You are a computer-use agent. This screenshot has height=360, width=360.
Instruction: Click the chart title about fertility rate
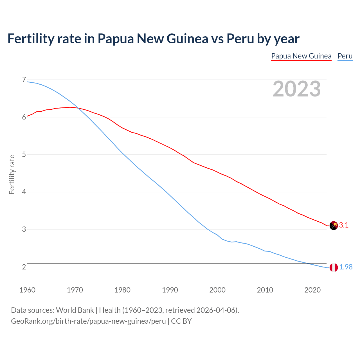[153, 39]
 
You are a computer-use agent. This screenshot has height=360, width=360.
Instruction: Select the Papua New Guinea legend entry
[301, 56]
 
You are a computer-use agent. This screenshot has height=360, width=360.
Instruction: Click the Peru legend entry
[345, 56]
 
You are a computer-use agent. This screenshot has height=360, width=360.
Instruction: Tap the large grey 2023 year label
[297, 89]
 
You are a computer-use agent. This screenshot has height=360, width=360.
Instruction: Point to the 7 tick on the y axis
[24, 80]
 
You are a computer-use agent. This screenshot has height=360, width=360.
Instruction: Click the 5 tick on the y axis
[24, 155]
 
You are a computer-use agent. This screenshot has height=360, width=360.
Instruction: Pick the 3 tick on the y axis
[24, 229]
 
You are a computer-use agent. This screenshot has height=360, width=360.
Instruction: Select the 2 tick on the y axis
[24, 267]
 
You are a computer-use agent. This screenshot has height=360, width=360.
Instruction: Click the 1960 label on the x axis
[27, 290]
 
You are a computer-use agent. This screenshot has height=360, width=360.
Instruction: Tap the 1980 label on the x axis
[122, 290]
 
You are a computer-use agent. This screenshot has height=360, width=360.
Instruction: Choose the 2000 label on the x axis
[217, 290]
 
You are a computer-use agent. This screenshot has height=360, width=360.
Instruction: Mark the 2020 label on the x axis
[312, 290]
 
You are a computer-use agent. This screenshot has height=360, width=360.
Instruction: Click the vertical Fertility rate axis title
[12, 174]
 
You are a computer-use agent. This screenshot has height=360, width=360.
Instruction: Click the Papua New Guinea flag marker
[334, 226]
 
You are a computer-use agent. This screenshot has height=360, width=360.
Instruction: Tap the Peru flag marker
[334, 267]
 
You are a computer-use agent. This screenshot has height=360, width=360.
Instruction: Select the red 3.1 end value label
[344, 225]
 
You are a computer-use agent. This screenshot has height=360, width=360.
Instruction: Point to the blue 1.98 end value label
[346, 267]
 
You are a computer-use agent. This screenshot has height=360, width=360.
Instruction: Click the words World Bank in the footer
[75, 310]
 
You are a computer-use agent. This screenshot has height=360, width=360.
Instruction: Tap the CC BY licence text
[181, 321]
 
